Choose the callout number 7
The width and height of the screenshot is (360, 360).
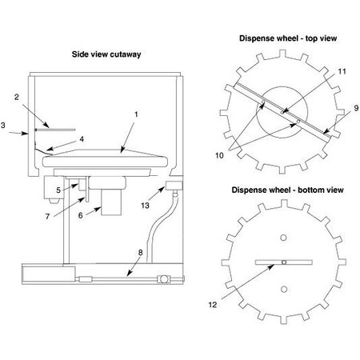(x=47, y=216)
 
